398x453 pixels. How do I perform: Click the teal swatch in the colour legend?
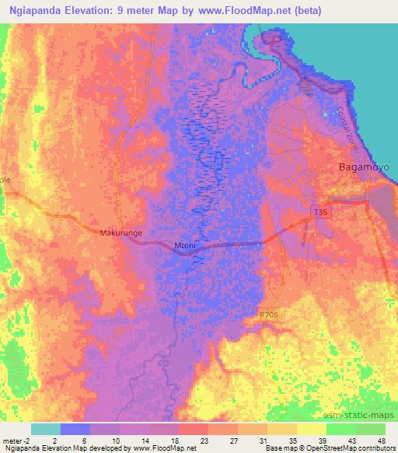[46, 429]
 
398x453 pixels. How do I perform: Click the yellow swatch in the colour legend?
[312, 429]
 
